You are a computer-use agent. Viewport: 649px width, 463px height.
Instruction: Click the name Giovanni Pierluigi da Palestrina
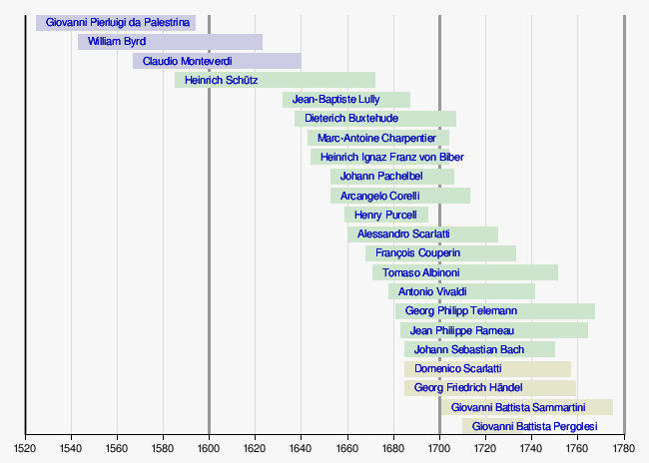coord(118,23)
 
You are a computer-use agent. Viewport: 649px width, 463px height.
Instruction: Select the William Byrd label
coord(116,42)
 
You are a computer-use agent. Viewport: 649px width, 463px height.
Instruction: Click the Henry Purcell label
coord(384,215)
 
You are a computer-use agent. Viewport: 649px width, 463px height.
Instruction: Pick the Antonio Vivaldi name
coord(431,291)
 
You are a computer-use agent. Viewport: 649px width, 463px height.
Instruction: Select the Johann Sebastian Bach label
coord(468,349)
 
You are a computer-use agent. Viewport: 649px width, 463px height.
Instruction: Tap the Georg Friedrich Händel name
coord(467,387)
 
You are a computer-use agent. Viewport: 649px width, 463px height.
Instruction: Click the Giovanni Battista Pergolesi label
coord(535,426)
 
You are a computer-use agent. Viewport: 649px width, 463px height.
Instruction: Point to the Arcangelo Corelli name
coord(379,196)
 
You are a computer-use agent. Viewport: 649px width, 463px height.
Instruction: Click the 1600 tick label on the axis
coord(209,447)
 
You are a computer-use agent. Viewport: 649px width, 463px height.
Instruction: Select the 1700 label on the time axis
coord(439,447)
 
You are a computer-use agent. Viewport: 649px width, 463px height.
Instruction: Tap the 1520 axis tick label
coord(25,447)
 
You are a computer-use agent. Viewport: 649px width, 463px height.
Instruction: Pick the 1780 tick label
coord(624,447)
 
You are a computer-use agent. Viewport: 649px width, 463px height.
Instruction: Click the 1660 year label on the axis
coord(347,447)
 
